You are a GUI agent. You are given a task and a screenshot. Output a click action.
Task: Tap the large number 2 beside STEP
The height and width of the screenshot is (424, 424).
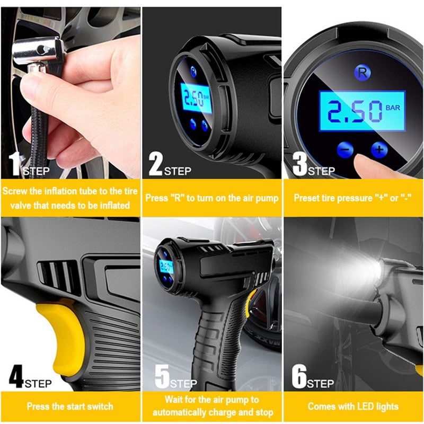pos(156,164)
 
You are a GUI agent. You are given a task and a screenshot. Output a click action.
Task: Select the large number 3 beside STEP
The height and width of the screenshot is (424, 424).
pos(300,164)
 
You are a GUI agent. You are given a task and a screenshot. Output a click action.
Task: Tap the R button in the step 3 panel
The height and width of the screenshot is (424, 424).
pos(362,73)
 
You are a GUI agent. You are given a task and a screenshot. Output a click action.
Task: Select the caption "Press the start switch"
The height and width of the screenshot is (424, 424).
pos(70,407)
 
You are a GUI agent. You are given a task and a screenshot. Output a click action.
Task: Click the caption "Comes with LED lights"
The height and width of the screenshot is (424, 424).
pos(354,407)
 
